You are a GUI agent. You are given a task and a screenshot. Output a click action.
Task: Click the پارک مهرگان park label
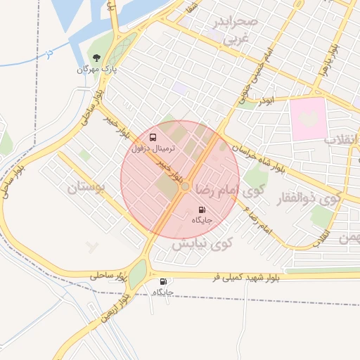pos(96,69)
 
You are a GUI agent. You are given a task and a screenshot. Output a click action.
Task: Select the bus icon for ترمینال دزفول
pos(153,137)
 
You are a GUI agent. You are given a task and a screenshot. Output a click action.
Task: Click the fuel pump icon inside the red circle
pos(202,210)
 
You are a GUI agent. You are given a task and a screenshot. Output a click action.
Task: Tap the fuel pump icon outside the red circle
pos(164,281)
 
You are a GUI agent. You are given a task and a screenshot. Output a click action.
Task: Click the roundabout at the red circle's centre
pos(185,186)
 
